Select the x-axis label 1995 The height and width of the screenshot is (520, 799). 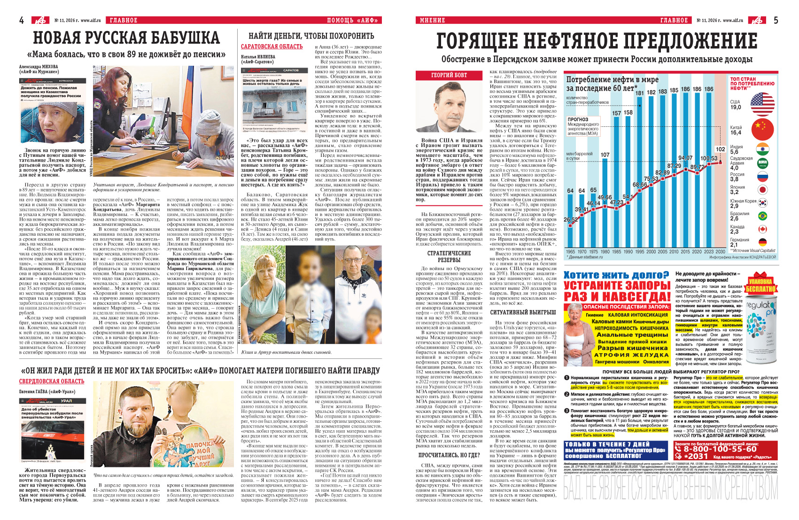click(639, 252)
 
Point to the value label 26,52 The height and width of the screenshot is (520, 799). click(571, 219)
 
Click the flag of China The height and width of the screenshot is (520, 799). click(762, 129)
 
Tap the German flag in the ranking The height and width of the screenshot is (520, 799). click(762, 242)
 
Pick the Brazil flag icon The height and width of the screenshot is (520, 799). click(762, 216)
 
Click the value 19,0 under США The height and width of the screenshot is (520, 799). click(736, 108)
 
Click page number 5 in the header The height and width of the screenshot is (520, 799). click(776, 20)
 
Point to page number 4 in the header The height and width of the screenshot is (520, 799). click(22, 20)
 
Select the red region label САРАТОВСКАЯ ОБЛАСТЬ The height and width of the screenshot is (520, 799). click(272, 47)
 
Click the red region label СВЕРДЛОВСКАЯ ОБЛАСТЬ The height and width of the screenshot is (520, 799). click(52, 381)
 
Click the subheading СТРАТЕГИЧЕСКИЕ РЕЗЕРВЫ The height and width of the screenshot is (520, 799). click(449, 256)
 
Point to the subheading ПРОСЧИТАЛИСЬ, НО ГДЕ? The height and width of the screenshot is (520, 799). click(449, 455)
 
